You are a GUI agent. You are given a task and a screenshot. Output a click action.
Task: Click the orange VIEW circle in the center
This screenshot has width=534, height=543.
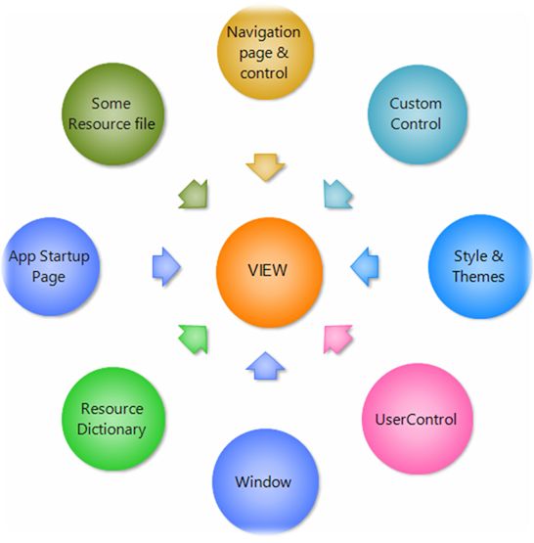269,272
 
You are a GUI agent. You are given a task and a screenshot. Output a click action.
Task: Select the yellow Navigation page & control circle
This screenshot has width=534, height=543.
265,53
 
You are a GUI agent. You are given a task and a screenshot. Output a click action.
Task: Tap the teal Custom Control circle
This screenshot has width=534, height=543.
417,114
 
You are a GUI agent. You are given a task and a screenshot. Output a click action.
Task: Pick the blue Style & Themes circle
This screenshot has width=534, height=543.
479,266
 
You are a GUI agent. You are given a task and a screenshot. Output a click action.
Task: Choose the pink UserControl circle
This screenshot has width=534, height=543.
417,419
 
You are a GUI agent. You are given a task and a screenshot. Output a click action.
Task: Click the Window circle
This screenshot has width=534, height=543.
265,481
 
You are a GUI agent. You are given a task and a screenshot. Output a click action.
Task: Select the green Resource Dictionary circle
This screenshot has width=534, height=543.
113,419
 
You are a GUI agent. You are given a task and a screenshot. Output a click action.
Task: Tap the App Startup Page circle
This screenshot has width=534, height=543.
51,266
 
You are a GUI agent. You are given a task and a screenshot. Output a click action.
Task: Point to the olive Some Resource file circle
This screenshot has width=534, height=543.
112,113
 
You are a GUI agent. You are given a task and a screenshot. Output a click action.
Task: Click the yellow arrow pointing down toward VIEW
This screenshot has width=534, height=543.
265,167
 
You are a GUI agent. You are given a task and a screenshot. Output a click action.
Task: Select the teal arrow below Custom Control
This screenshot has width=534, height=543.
337,195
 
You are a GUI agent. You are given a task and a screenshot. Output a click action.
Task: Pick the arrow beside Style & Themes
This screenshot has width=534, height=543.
365,267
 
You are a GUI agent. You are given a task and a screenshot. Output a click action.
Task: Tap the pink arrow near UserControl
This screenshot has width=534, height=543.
336,339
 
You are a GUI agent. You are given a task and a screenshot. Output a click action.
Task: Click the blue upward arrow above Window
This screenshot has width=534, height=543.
265,366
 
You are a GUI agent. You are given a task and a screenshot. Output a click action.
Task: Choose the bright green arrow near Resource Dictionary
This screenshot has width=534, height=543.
194,339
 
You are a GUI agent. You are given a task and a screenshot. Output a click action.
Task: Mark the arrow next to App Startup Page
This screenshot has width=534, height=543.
166,267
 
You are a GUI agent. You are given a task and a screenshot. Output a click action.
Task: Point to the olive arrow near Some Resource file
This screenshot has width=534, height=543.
194,195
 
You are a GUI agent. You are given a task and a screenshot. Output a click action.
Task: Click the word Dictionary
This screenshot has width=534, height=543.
111,430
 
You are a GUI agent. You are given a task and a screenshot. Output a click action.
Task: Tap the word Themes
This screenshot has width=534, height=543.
478,276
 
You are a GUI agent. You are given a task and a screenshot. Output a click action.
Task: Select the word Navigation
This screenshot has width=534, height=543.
263,32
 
